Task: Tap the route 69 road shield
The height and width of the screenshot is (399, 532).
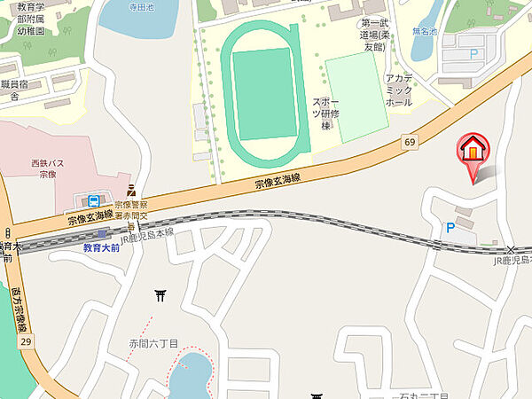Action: [x=409, y=142]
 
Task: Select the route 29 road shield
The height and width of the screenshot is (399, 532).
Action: [x=26, y=341]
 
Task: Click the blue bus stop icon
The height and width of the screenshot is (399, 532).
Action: [x=94, y=200]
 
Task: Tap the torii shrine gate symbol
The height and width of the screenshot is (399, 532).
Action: [x=160, y=294]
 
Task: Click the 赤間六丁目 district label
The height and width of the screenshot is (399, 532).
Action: [x=153, y=343]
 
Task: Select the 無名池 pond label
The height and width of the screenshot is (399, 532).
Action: [x=425, y=29]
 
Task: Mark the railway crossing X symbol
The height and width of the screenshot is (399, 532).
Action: [x=511, y=250]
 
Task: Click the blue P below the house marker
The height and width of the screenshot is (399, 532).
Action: [x=450, y=229]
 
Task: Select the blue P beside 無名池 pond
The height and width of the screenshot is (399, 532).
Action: [x=473, y=54]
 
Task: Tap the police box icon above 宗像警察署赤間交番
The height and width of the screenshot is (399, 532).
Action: [x=131, y=189]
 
